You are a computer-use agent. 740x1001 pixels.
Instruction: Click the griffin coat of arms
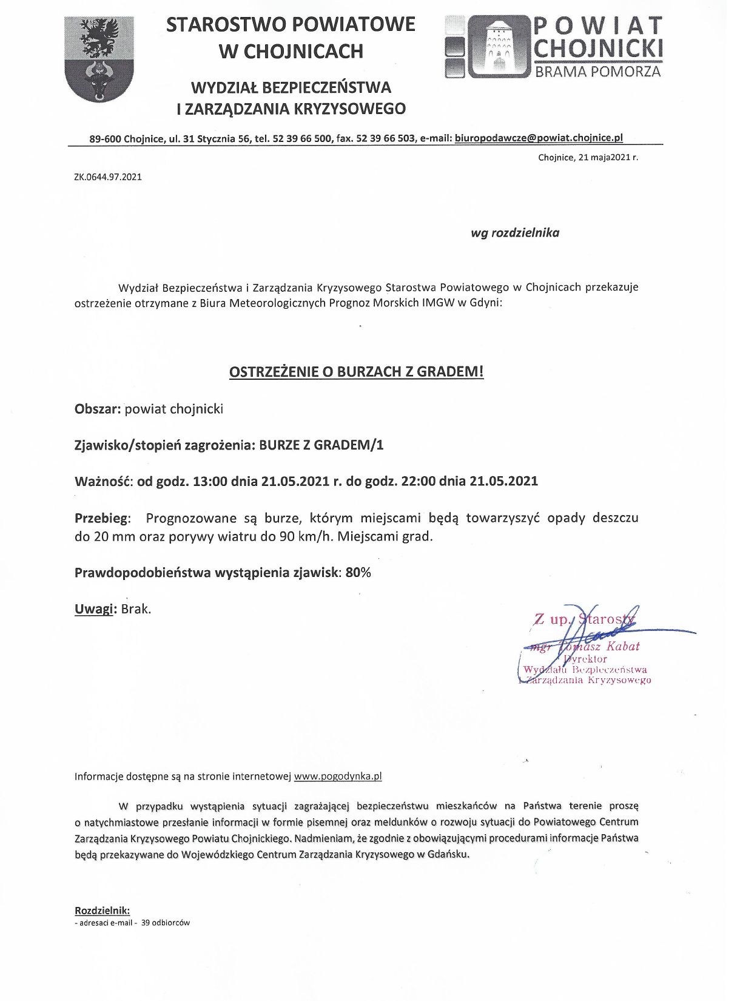pos(99,59)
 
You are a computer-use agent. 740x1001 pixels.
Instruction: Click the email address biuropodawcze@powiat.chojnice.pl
pos(539,138)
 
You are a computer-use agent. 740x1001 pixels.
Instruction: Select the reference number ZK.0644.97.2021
pos(108,177)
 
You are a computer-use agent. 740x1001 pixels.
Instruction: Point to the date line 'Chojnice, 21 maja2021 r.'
pos(588,158)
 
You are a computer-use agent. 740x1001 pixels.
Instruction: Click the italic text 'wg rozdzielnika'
pos(515,233)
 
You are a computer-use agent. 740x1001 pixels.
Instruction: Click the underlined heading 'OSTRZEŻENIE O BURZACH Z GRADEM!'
pos(356,372)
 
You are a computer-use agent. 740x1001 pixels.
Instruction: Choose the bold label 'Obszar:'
pos(98,409)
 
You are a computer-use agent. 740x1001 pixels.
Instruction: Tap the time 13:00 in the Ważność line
pos(210,481)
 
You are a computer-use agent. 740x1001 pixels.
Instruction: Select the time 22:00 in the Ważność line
pos(418,481)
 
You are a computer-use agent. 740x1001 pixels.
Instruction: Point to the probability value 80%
pos(358,573)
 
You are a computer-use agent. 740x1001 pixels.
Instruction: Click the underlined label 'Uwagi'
pos(94,609)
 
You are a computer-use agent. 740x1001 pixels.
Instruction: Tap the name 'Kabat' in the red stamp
pos(623,647)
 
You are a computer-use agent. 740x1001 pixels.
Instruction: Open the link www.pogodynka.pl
pos(338,776)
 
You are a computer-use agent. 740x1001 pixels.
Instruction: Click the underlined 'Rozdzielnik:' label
pos(102,910)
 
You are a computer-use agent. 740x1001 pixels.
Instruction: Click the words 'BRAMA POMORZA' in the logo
pos(597,72)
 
